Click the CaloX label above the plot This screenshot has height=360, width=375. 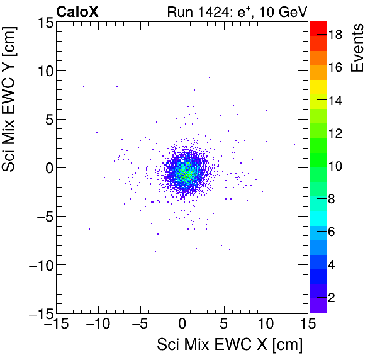coord(76,11)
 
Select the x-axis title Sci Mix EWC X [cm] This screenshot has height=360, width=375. coord(230,345)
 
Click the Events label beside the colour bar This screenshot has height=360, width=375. coord(358,48)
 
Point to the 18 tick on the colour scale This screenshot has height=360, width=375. coord(335,36)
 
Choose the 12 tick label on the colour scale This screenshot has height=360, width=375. coord(335,133)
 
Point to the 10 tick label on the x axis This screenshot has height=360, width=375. coord(266,323)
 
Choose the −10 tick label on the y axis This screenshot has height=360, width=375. coord(39,265)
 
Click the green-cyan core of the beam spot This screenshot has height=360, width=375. coord(185,172)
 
